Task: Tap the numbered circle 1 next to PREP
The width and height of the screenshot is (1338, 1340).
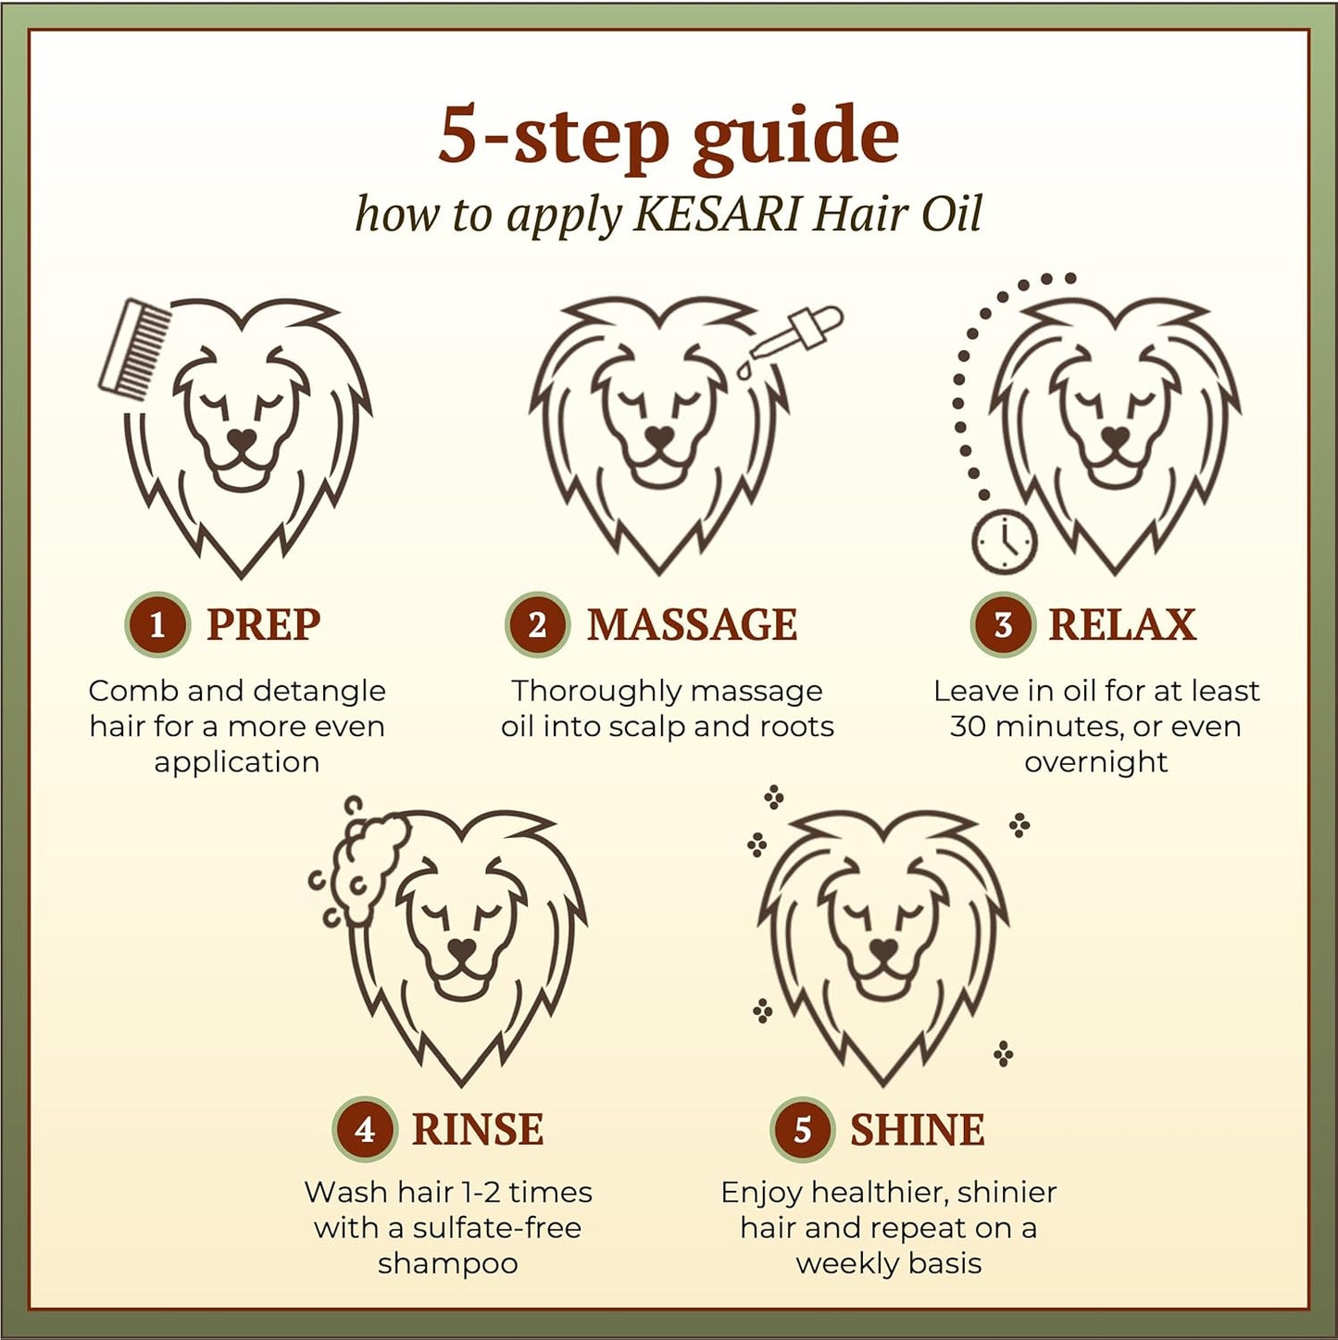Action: [x=157, y=624]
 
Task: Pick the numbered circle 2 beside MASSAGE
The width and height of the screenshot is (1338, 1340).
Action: [x=537, y=624]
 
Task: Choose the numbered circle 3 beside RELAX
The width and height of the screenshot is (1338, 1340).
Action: [x=1002, y=624]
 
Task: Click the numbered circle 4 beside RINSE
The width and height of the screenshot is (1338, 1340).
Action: [x=365, y=1130]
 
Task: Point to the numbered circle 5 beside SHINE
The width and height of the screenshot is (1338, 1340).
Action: [x=802, y=1130]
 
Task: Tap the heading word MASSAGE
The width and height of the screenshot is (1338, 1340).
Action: [x=692, y=624]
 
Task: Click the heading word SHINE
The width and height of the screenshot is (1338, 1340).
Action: [x=918, y=1130]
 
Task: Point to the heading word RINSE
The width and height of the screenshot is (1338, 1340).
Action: [x=478, y=1130]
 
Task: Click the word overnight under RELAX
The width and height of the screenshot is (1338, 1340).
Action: [x=1096, y=763]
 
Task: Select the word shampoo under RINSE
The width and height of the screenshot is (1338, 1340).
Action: [x=448, y=1263]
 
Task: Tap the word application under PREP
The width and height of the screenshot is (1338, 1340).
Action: [x=237, y=763]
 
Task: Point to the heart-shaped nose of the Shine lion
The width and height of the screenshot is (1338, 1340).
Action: [x=884, y=947]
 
